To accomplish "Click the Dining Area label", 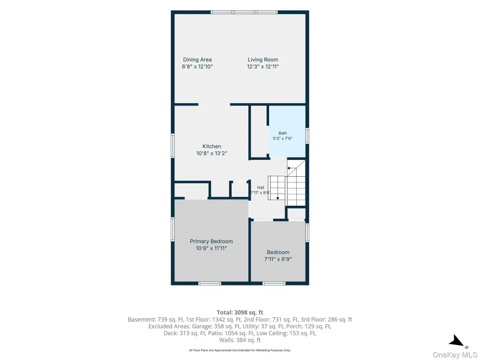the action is (x=197, y=60).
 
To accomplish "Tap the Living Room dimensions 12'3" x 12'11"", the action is (x=263, y=67).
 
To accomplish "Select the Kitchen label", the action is (x=211, y=146).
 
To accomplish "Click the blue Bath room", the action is (x=287, y=132).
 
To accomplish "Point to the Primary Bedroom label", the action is (x=211, y=241).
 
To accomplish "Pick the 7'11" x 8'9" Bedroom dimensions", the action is (x=278, y=259).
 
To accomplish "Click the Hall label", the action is (x=261, y=187).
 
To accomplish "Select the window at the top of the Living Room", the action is (x=244, y=12).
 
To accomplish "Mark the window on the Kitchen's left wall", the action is (x=172, y=146).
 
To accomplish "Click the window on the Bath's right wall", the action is (x=307, y=135).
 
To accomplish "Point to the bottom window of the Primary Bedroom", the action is (x=210, y=284).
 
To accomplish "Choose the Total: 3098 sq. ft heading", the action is (x=240, y=313).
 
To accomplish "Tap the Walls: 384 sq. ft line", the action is (x=240, y=340).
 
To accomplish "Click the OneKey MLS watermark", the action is (x=455, y=355).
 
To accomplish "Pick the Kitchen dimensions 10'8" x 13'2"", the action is (x=211, y=153).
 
